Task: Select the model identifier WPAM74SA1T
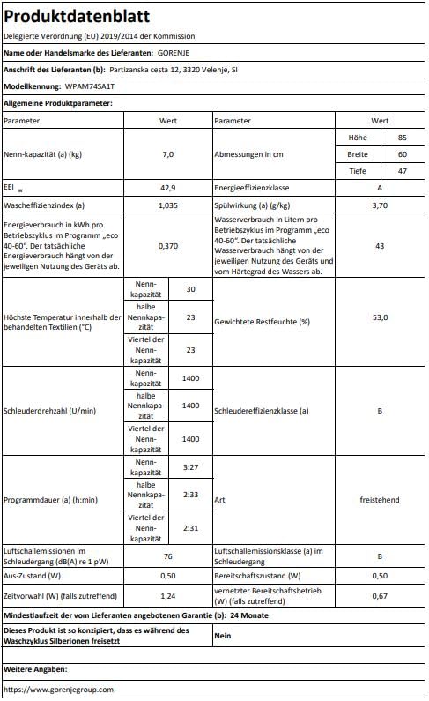click(90, 87)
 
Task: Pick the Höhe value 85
click(402, 138)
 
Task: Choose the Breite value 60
click(402, 154)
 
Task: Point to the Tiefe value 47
click(402, 170)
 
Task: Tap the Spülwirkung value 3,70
click(380, 204)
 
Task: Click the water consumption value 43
click(380, 245)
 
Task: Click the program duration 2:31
click(190, 528)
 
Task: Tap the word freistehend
click(380, 500)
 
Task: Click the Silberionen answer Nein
click(223, 634)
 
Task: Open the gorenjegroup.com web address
click(58, 689)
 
